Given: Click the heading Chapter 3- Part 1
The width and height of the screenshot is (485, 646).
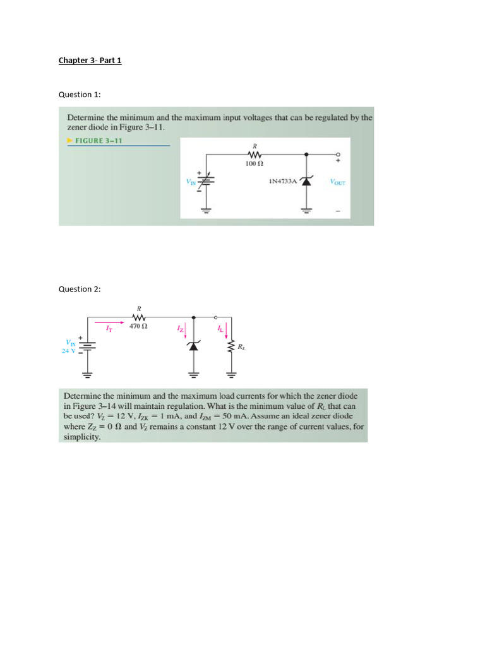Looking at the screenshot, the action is (90, 61).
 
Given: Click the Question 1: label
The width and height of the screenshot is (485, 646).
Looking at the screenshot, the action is (80, 95).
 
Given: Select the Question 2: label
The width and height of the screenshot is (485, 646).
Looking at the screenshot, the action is (80, 289).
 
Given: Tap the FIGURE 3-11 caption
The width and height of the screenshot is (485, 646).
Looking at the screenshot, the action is (98, 141).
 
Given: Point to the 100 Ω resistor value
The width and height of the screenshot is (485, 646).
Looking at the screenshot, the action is (254, 163).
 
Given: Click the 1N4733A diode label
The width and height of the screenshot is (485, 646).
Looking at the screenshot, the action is (282, 181).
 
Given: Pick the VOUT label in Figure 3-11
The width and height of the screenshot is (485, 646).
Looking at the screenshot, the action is (337, 182).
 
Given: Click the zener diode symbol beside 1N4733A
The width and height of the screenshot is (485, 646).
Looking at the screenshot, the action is (306, 181).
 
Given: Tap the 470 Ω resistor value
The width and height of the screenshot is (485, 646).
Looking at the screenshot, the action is (138, 327).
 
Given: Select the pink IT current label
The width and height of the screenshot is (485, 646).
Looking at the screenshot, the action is (109, 328).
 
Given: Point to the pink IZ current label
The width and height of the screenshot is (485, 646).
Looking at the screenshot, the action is (180, 329).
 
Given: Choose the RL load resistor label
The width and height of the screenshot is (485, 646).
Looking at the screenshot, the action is (241, 346).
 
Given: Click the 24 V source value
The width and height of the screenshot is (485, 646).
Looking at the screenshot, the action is (68, 351).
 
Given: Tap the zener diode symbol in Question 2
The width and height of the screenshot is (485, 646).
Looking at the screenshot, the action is (194, 346).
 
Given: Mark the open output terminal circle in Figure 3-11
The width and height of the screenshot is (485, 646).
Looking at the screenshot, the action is (338, 154).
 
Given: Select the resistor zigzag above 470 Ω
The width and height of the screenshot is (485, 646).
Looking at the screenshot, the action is (139, 317).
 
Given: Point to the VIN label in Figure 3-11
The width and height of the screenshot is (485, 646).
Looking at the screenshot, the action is (191, 182).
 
